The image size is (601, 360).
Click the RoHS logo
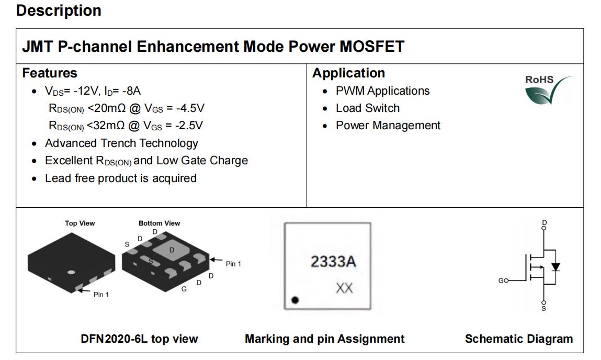(548, 90)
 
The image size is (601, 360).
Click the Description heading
(59, 10)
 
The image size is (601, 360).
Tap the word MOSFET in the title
(372, 47)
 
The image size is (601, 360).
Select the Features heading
(50, 73)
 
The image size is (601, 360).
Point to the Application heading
(348, 73)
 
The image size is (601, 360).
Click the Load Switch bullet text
(368, 108)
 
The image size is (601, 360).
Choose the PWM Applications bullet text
(382, 91)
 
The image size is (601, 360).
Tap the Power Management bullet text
(388, 126)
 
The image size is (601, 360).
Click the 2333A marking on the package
(333, 262)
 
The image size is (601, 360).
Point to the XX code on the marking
(344, 288)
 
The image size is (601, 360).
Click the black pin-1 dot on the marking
(295, 300)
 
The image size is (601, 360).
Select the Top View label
(80, 223)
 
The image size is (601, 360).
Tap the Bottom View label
(159, 223)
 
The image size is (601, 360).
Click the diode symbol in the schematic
(555, 267)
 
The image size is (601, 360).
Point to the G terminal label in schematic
(501, 280)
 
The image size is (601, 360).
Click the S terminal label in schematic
(543, 308)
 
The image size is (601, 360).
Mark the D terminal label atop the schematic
(545, 223)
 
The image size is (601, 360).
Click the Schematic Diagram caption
(518, 339)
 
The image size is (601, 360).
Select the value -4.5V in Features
(190, 108)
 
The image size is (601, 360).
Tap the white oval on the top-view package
(71, 272)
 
